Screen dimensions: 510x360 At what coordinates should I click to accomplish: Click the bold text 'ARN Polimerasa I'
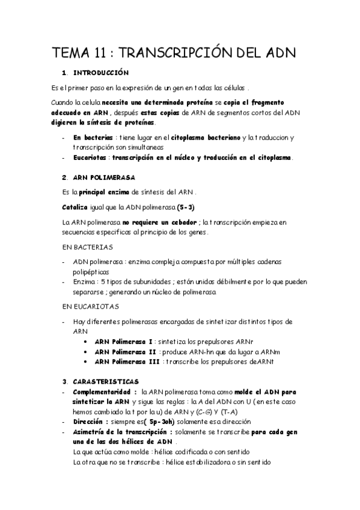point(124,341)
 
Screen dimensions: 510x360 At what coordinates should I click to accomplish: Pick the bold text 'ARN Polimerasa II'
point(126,351)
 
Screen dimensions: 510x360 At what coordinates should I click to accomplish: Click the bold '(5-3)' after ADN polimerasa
point(182,207)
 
